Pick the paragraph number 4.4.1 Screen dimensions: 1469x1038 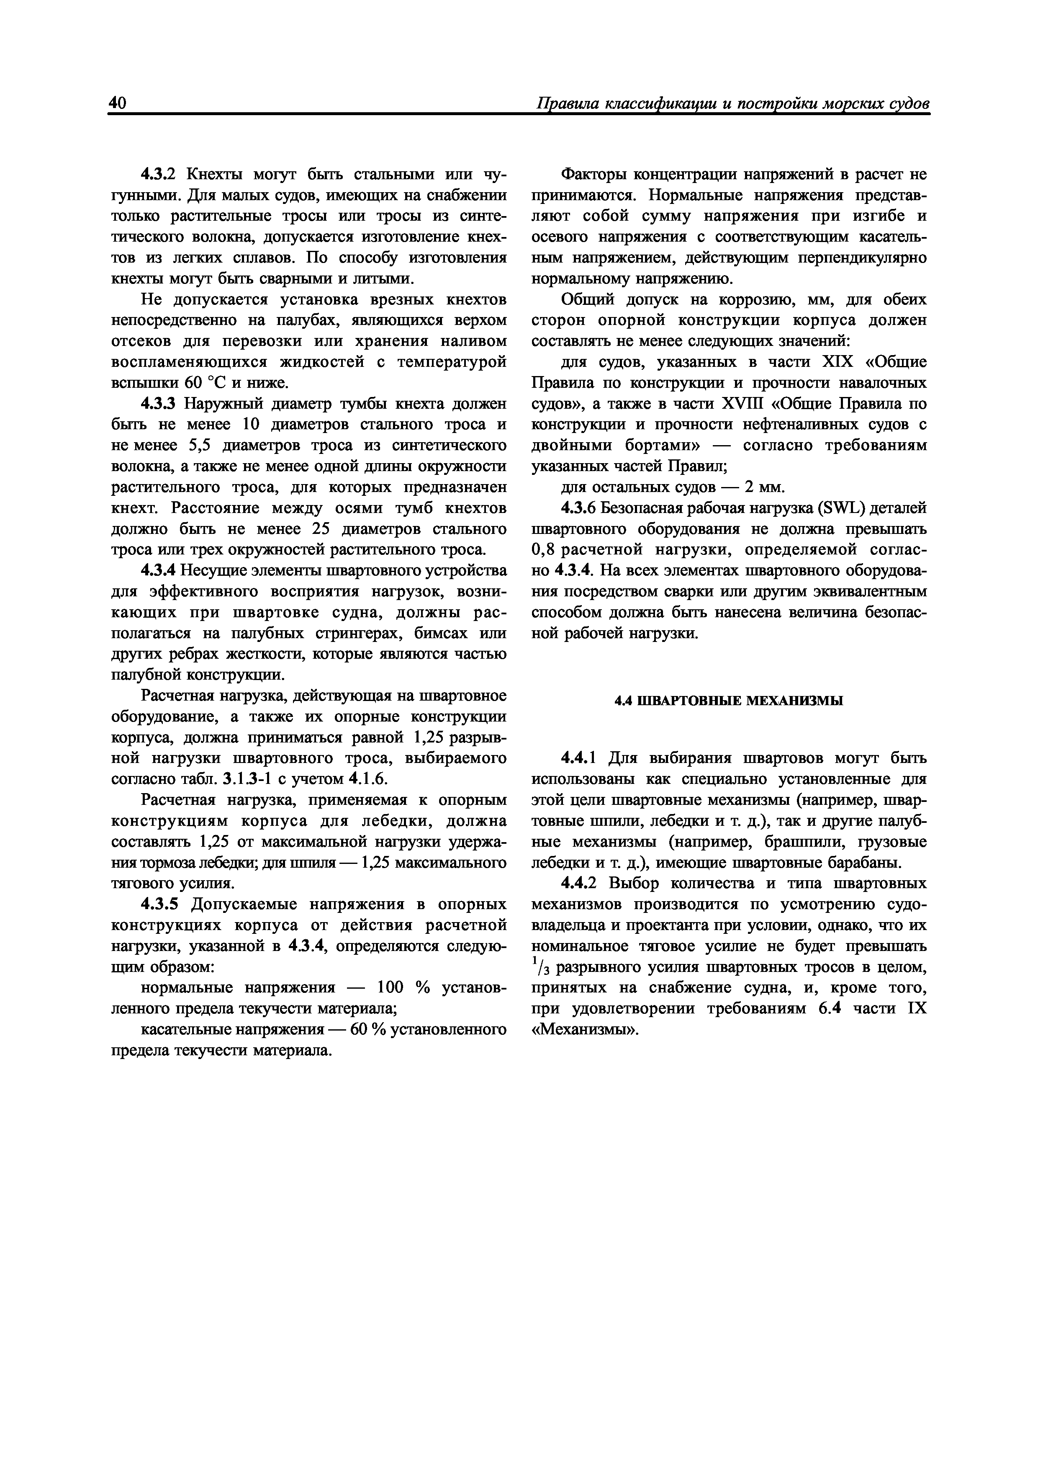tap(578, 758)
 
